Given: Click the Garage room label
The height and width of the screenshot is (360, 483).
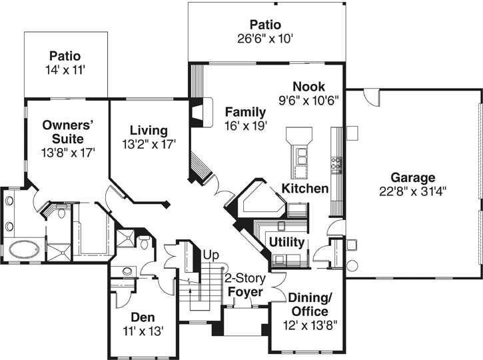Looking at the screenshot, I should point(412,177).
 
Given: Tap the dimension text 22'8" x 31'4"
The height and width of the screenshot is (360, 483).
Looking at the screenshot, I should point(412,190).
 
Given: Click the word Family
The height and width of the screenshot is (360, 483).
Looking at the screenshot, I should point(245,111).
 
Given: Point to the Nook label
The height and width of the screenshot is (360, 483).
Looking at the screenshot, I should point(308,87).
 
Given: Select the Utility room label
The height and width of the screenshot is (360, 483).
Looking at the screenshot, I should point(286,241).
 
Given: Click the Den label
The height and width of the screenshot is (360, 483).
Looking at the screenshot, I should point(143,317).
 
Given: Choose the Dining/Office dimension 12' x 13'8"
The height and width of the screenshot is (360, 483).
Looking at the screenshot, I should point(309,325).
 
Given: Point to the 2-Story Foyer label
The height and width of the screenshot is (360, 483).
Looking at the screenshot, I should point(244,285).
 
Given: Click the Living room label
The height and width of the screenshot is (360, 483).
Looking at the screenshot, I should point(149,130).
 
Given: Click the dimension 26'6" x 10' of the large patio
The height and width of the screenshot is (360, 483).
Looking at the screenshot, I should point(266,38).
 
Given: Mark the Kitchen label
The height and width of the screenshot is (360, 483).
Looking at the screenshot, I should point(304,189).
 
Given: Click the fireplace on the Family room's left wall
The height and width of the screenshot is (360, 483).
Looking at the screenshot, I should point(197,114).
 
